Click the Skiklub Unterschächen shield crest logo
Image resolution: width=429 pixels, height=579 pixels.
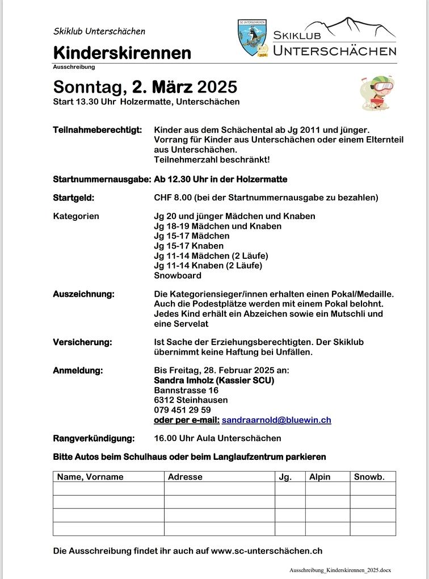click(x=253, y=38)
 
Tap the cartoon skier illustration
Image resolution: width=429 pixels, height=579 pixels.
click(x=377, y=93)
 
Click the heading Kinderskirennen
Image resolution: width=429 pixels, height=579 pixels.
click(x=122, y=53)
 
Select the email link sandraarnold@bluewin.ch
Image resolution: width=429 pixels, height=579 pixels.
click(x=276, y=420)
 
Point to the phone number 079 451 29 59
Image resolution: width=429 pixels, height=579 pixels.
click(x=182, y=410)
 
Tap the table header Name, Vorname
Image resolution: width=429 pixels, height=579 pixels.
click(x=90, y=477)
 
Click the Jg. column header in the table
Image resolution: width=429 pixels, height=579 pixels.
click(x=285, y=477)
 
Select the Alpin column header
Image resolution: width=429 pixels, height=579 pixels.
click(x=319, y=477)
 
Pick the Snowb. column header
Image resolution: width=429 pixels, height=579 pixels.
click(x=369, y=477)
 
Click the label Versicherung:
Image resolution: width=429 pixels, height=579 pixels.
click(x=82, y=342)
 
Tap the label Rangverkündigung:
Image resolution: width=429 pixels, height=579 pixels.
click(x=94, y=438)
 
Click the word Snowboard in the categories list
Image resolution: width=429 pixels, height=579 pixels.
click(x=178, y=275)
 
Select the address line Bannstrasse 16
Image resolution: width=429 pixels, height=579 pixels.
click(x=186, y=390)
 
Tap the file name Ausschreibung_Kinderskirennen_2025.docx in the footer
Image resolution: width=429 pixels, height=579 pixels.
click(x=340, y=569)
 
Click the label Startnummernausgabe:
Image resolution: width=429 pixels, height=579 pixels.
click(x=102, y=179)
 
